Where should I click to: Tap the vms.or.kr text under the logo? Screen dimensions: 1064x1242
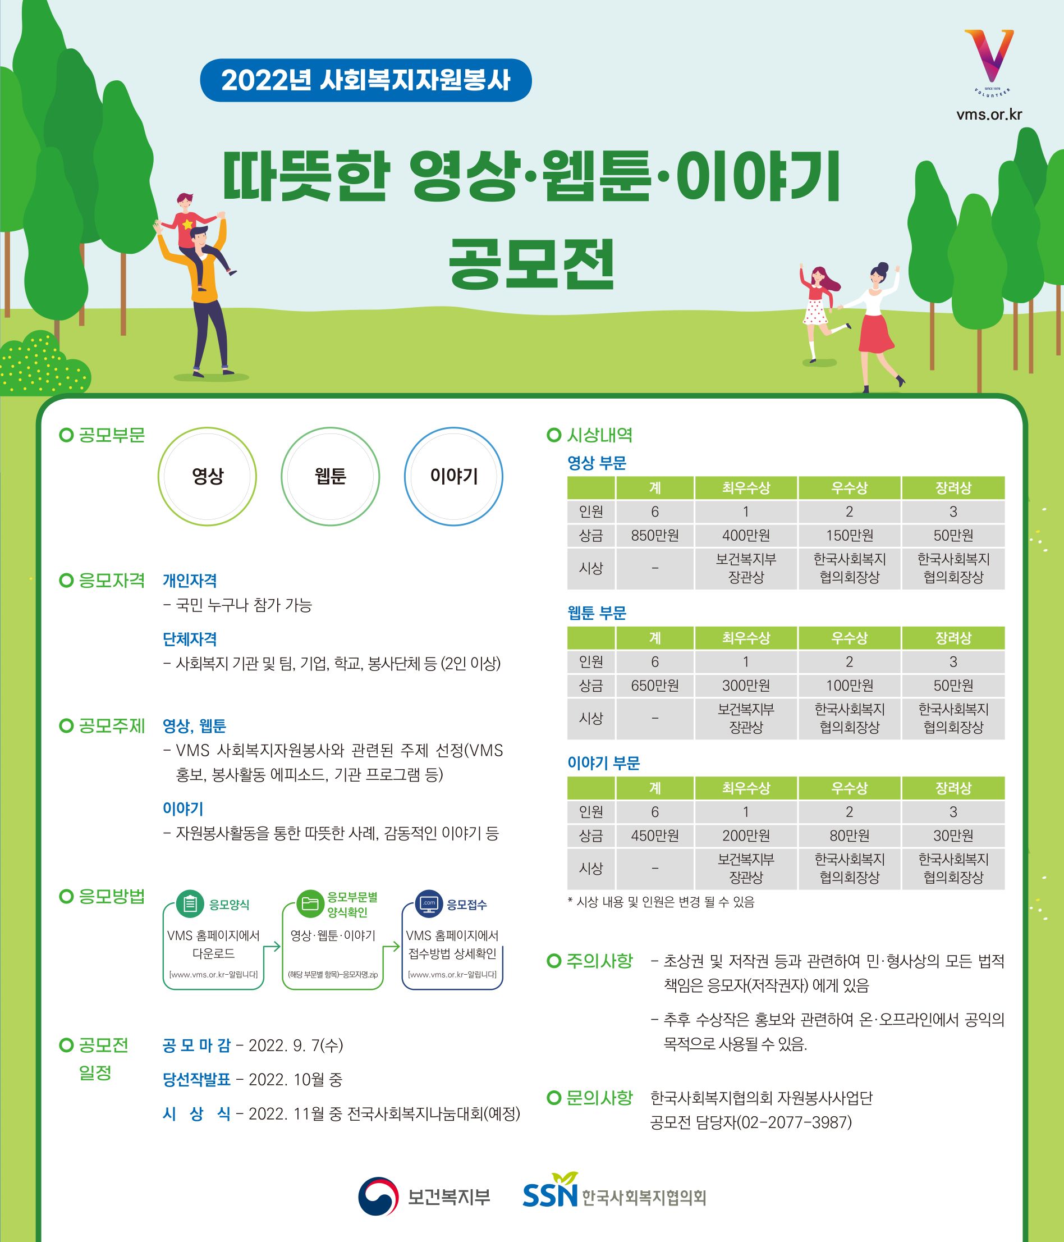(x=989, y=114)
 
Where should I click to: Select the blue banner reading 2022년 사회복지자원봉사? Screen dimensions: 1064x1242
(x=365, y=80)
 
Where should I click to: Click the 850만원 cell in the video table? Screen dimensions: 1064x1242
(x=655, y=535)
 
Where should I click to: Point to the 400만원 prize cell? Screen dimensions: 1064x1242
(x=746, y=535)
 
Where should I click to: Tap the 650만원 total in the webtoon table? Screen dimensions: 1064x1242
(x=655, y=685)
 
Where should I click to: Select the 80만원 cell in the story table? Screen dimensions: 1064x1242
(x=850, y=835)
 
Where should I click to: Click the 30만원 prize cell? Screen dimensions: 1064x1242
(x=953, y=835)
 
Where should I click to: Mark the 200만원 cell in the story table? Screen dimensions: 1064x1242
(x=746, y=835)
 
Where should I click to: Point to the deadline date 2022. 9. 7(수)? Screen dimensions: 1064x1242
(x=296, y=1045)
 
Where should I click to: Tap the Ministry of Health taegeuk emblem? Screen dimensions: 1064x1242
(x=378, y=1197)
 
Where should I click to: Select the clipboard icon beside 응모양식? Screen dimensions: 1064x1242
(x=190, y=903)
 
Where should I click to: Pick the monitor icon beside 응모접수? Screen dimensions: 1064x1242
(x=429, y=903)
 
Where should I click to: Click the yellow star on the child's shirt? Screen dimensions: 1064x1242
(x=188, y=224)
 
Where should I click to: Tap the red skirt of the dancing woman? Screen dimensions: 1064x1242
(x=876, y=332)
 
